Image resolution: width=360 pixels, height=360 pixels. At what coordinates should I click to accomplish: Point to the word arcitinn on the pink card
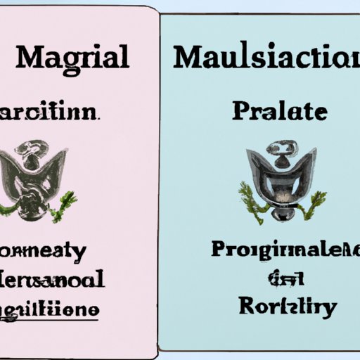click(x=53, y=112)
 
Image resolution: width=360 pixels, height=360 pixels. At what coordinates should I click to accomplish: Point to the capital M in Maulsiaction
click(x=188, y=56)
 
